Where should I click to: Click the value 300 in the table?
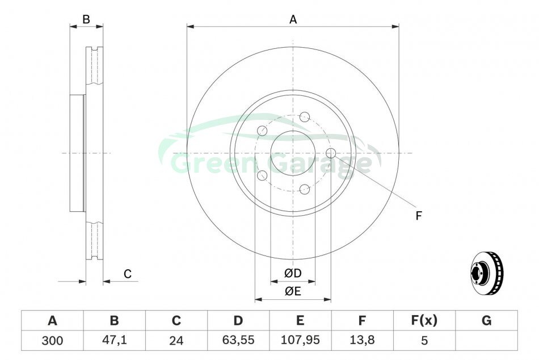point(52,341)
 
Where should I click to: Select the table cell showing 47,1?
point(115,340)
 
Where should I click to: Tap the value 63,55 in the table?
point(238,340)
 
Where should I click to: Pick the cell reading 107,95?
point(300,340)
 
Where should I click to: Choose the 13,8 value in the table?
point(362,340)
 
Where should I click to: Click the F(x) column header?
point(424,320)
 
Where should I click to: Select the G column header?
point(486,321)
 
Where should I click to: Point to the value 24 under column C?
point(176,341)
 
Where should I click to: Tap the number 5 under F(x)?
point(424,341)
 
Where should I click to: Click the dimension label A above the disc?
point(293,20)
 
